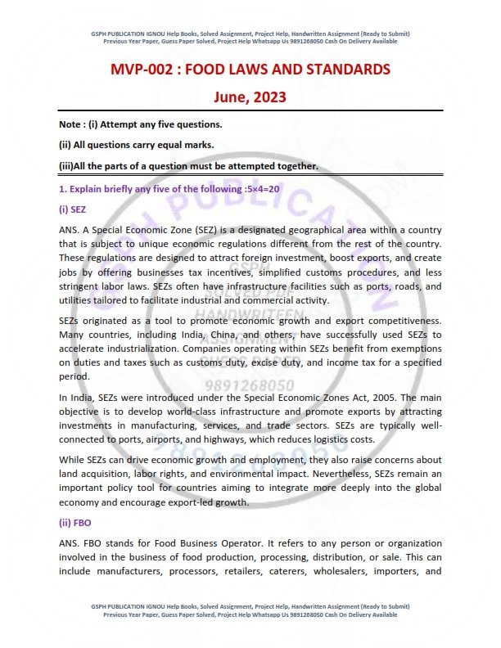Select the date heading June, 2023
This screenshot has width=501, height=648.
tap(250, 97)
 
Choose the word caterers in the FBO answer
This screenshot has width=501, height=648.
tap(286, 572)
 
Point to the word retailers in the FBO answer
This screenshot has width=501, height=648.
tap(236, 572)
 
